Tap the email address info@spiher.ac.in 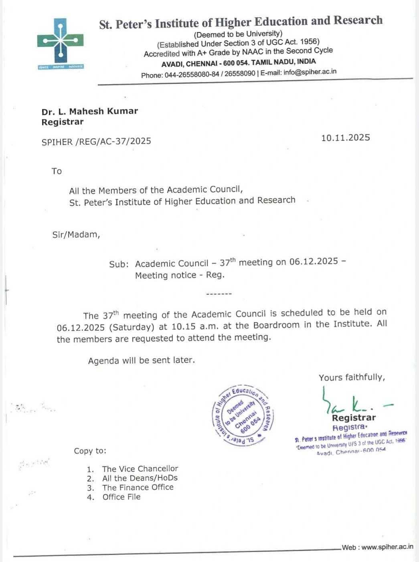pyautogui.click(x=310, y=72)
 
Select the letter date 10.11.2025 pyautogui.click(x=345, y=138)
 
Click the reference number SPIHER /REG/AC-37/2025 pyautogui.click(x=96, y=141)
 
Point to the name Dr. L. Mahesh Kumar pyautogui.click(x=89, y=111)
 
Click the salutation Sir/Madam pyautogui.click(x=76, y=235)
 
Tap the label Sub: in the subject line pyautogui.click(x=119, y=264)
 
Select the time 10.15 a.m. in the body pyautogui.click(x=195, y=326)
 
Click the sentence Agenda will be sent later pyautogui.click(x=141, y=361)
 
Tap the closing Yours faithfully pyautogui.click(x=352, y=377)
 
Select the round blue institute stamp pyautogui.click(x=243, y=415)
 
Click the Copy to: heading pyautogui.click(x=90, y=451)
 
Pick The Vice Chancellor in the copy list pyautogui.click(x=140, y=469)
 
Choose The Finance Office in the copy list pyautogui.click(x=138, y=487)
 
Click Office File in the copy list pyautogui.click(x=121, y=497)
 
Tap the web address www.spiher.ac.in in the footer pyautogui.click(x=387, y=547)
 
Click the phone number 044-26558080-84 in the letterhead pyautogui.click(x=192, y=75)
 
